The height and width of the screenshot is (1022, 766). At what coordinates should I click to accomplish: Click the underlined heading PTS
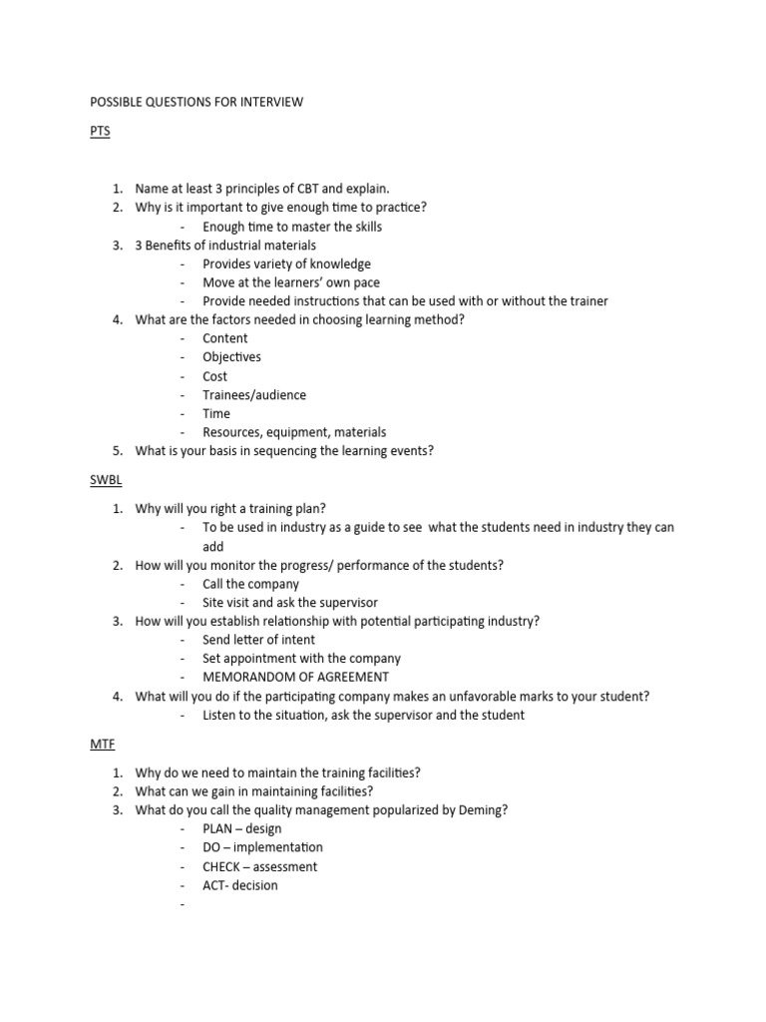tap(100, 131)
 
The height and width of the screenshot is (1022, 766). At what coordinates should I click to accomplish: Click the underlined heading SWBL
tap(106, 480)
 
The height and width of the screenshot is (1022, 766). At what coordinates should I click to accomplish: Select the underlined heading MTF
tap(103, 745)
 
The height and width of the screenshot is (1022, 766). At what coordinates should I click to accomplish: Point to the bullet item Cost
tap(214, 376)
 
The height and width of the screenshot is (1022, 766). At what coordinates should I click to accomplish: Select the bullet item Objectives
tap(231, 357)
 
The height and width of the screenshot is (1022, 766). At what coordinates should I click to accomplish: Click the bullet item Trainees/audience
tap(254, 395)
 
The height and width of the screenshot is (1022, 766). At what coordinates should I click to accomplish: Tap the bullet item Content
tap(224, 338)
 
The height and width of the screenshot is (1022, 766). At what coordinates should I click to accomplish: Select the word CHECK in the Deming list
tap(221, 866)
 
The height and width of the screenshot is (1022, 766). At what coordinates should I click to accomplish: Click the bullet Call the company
tap(250, 584)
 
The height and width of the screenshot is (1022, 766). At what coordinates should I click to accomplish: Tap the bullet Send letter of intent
tap(258, 640)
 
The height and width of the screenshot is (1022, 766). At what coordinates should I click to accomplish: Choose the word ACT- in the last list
tap(216, 885)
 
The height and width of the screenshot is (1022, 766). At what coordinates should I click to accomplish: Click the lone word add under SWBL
tap(213, 547)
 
